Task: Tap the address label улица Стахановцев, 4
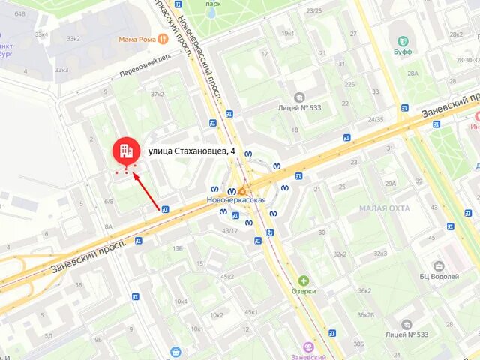pos(192,151)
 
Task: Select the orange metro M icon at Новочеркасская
pos(242,191)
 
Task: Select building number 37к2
pos(157,94)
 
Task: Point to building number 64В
pos(19,14)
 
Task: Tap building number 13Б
pos(178,247)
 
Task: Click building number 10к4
pos(181,301)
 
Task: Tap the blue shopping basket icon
pos(175,350)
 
